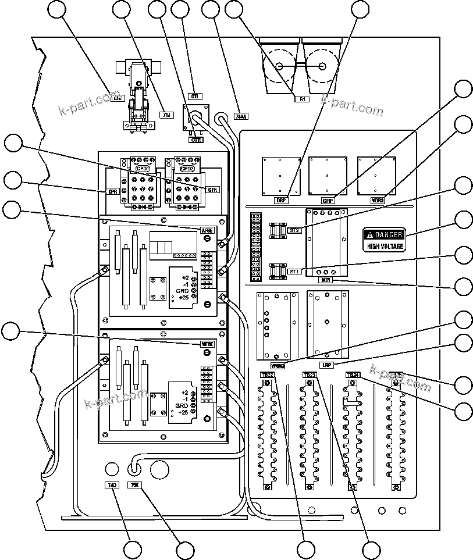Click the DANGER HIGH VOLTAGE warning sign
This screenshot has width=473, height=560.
pyautogui.click(x=384, y=240)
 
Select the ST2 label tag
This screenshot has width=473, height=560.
pyautogui.click(x=294, y=230)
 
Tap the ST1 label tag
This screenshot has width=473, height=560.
pyautogui.click(x=294, y=272)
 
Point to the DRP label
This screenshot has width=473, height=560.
pyautogui.click(x=282, y=200)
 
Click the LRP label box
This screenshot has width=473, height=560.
pyautogui.click(x=327, y=364)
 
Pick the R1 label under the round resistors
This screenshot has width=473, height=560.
pyautogui.click(x=302, y=99)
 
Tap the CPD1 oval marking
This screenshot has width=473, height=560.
pyautogui.click(x=143, y=169)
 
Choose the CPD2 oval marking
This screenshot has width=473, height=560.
pyautogui.click(x=187, y=169)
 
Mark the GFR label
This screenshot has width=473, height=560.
pyautogui.click(x=212, y=190)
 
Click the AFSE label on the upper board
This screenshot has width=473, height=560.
pyautogui.click(x=207, y=230)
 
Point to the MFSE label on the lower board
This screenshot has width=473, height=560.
pyautogui.click(x=207, y=344)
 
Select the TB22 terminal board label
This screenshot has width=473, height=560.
pyautogui.click(x=266, y=375)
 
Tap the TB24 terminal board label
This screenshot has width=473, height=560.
pyautogui.click(x=353, y=375)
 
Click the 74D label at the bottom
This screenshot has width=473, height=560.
pyautogui.click(x=111, y=484)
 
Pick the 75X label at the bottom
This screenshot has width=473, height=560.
pyautogui.click(x=134, y=484)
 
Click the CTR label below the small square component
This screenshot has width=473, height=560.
pyautogui.click(x=195, y=140)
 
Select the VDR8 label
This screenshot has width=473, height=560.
pyautogui.click(x=378, y=200)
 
